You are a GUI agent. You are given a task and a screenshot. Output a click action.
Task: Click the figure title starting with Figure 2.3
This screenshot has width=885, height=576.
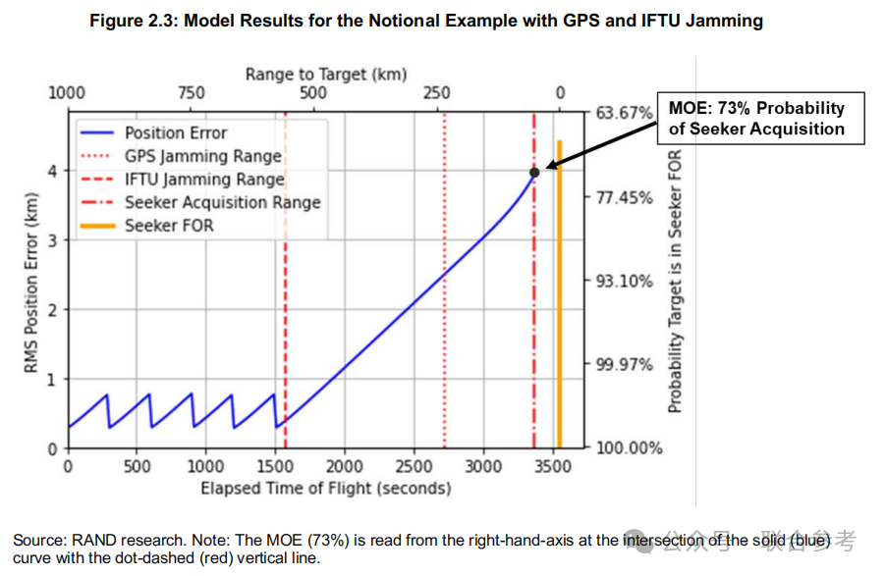point(426,21)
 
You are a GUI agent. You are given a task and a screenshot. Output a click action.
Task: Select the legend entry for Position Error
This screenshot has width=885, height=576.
point(175,132)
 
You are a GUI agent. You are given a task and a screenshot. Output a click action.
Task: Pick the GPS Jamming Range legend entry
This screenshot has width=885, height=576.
point(202,156)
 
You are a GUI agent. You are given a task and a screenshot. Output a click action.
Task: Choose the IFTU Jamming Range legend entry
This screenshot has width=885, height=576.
point(204,180)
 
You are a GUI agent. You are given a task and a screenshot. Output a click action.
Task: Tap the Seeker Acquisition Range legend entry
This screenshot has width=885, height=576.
point(222,203)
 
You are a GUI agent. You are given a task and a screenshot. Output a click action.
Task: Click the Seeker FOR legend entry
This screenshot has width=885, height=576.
point(168,226)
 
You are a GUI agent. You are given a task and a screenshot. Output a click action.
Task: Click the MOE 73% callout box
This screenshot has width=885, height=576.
point(756,119)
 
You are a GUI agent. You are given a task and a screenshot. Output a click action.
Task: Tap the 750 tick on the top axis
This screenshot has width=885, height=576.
point(191,93)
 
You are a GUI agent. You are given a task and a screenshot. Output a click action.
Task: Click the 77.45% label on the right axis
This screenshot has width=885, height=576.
point(625,198)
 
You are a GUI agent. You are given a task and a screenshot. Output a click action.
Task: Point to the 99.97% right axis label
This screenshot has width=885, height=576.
point(625,365)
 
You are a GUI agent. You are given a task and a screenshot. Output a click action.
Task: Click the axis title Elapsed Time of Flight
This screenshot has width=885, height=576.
point(325,488)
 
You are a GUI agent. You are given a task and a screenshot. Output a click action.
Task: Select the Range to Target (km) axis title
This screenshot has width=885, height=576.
point(325,74)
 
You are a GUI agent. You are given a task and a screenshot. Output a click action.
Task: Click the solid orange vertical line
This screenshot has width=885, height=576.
point(559,294)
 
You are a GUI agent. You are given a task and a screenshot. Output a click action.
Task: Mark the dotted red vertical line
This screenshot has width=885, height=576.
point(445,294)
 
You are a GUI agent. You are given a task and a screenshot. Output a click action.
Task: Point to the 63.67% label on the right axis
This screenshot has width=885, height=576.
point(625,114)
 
